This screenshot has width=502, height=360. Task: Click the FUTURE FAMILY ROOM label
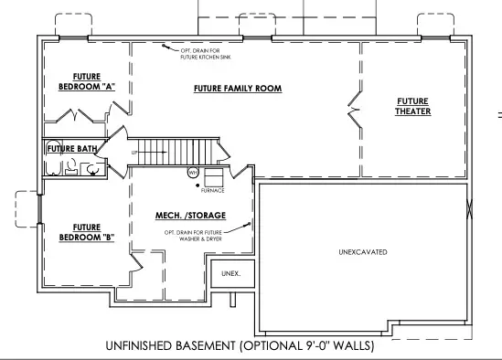tap(237, 89)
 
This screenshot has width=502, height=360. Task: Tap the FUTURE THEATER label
tap(413, 106)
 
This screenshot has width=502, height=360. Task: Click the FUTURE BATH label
tap(72, 147)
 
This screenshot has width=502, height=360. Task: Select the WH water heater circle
tap(193, 172)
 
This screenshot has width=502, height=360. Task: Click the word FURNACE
tap(212, 191)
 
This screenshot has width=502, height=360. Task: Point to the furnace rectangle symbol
tap(213, 177)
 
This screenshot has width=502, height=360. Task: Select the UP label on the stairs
tap(135, 152)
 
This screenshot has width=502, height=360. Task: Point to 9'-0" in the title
tap(315, 346)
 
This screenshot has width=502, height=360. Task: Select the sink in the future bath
tap(91, 168)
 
